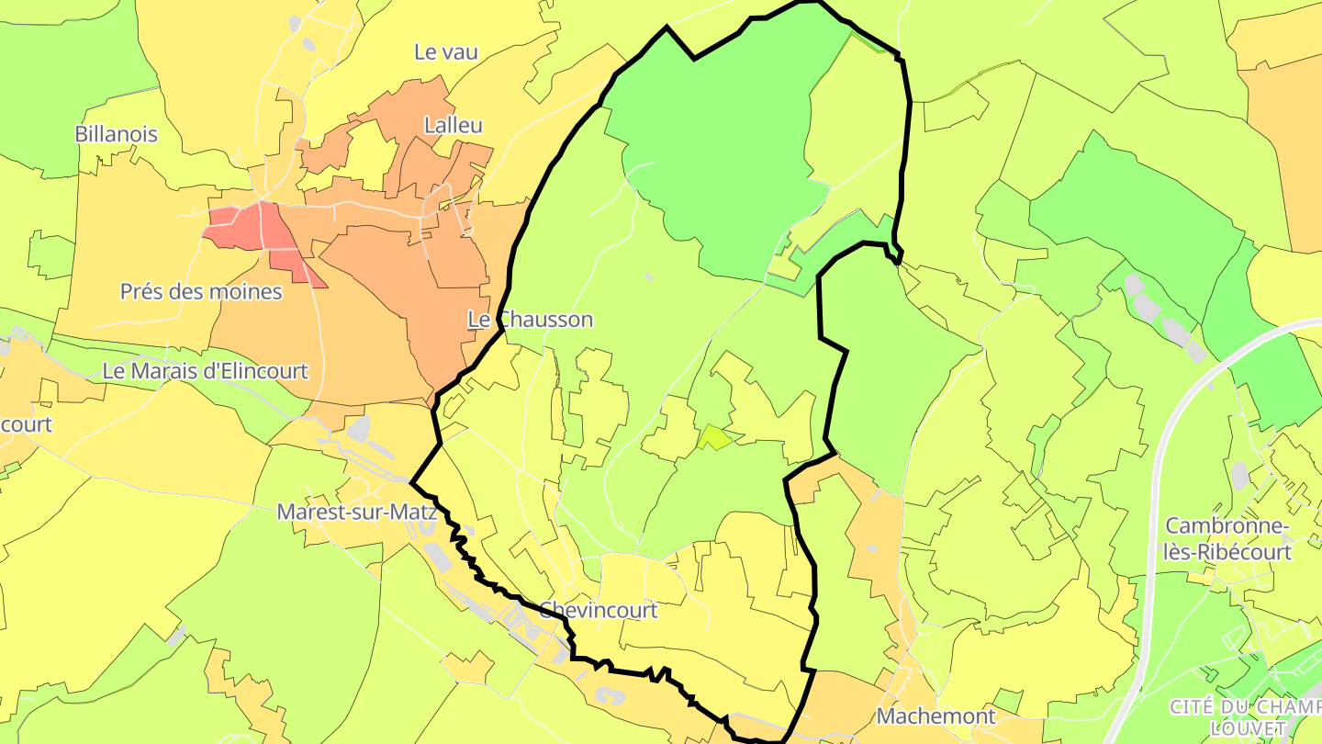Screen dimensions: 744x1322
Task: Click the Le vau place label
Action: pyautogui.click(x=446, y=52)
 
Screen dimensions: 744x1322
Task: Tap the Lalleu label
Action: pyautogui.click(x=453, y=125)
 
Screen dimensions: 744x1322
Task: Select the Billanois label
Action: pyautogui.click(x=116, y=134)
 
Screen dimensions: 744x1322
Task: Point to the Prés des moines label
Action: pyautogui.click(x=201, y=292)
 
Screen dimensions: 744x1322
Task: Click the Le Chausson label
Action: pyautogui.click(x=531, y=320)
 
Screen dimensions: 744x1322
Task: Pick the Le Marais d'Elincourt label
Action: pyautogui.click(x=205, y=371)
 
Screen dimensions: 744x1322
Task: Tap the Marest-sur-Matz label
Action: pyautogui.click(x=356, y=512)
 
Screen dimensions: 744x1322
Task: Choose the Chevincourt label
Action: pyautogui.click(x=599, y=610)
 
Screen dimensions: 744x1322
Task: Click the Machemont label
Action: pyautogui.click(x=936, y=716)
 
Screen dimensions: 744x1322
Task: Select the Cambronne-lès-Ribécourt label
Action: pyautogui.click(x=1228, y=539)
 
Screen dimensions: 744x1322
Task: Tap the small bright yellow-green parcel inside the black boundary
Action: pyautogui.click(x=714, y=438)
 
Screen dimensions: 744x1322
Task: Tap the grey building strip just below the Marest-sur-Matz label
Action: pyautogui.click(x=439, y=557)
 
